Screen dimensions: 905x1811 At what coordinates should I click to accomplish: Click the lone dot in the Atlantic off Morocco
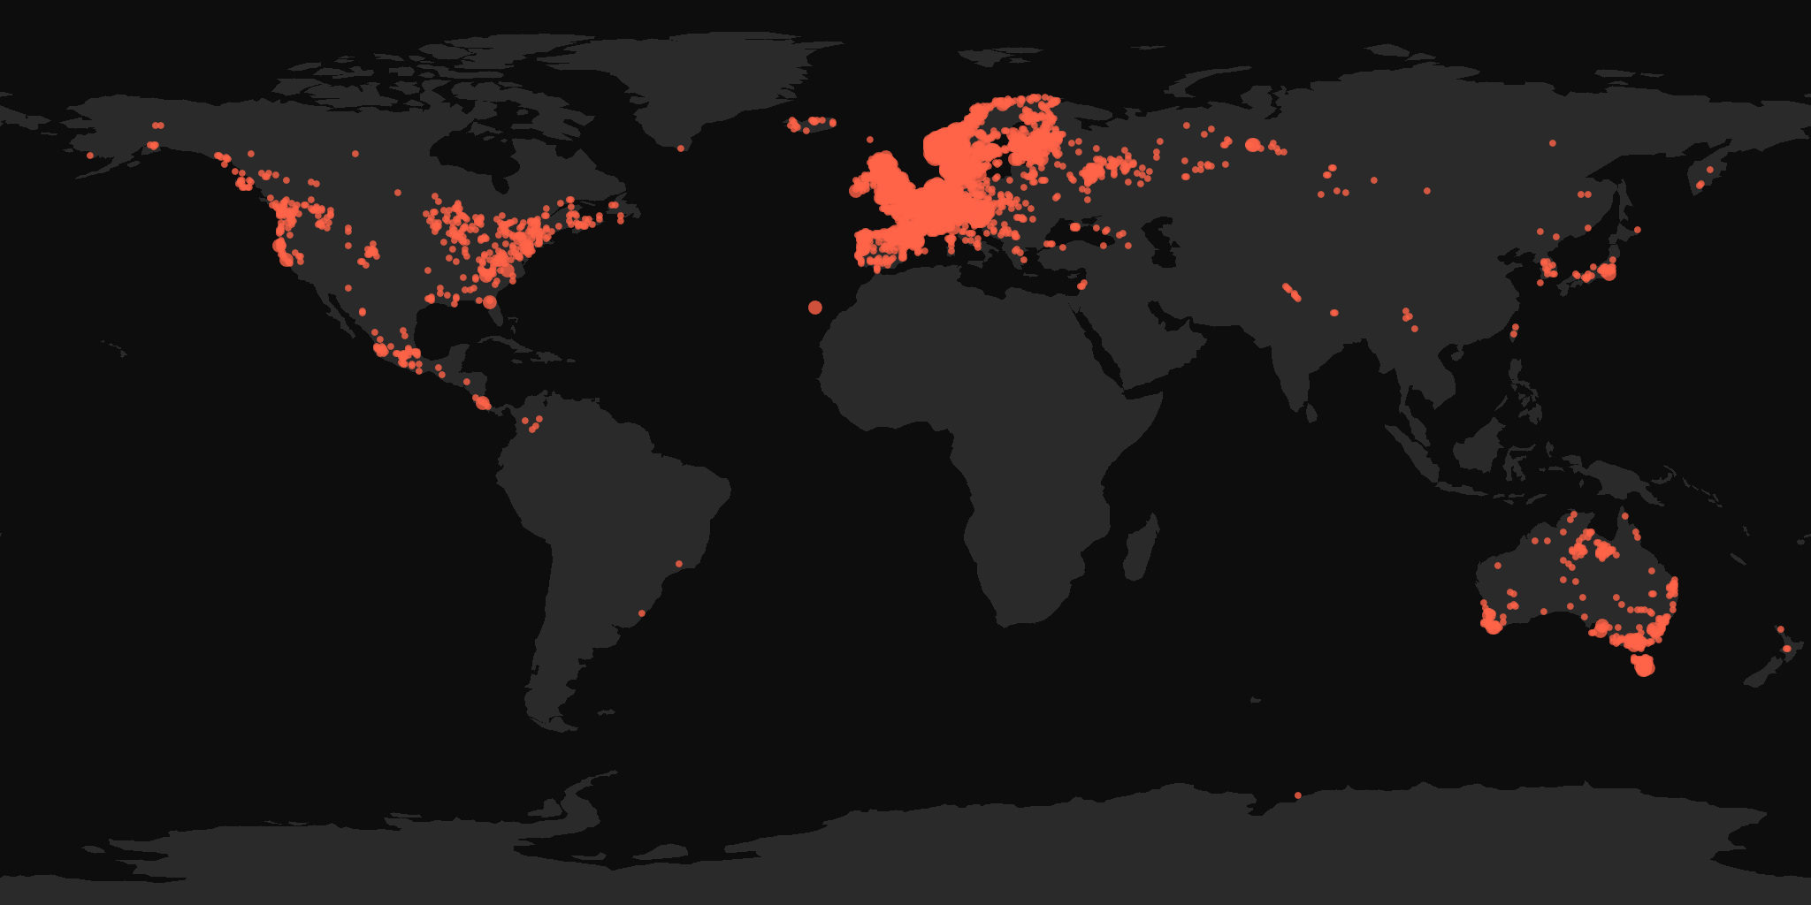(814, 308)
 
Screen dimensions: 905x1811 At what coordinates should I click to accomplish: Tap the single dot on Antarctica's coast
(1298, 795)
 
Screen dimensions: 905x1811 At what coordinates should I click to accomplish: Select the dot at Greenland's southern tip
(681, 148)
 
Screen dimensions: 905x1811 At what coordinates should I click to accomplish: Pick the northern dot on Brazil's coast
(679, 564)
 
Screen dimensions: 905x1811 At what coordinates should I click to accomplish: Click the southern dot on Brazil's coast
(642, 613)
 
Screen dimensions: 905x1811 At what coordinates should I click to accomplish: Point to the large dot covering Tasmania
(1644, 667)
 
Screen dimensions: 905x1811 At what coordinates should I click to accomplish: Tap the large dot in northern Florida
(490, 302)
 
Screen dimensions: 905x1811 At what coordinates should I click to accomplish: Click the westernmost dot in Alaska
(90, 156)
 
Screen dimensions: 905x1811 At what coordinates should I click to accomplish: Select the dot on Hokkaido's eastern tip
(1637, 230)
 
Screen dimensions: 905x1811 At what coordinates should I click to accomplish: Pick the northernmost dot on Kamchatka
(1710, 170)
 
